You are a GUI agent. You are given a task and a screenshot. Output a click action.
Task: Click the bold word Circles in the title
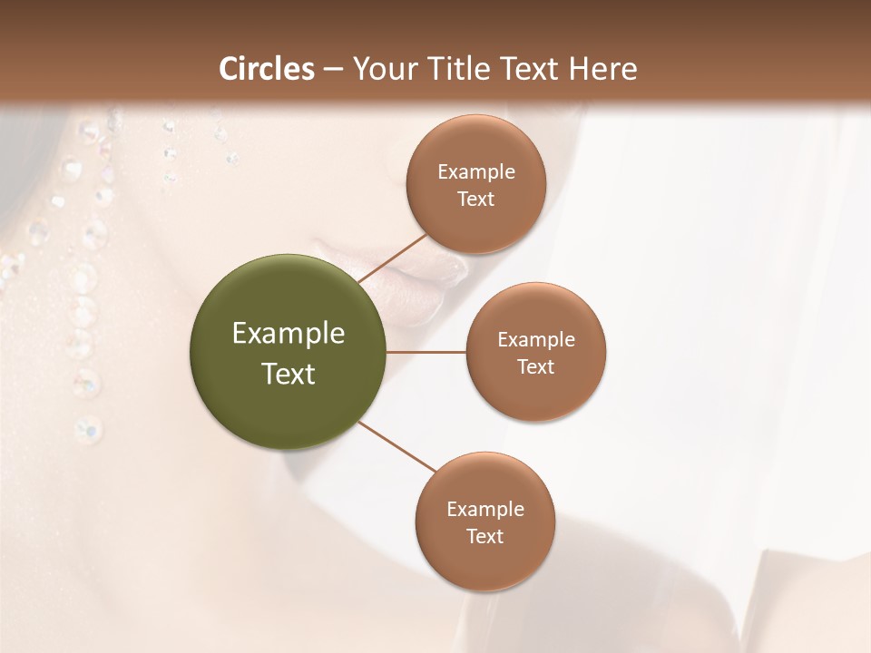coord(266,68)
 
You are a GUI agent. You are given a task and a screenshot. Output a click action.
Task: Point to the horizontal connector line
coord(426,352)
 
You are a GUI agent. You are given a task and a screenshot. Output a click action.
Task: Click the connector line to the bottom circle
coord(397,445)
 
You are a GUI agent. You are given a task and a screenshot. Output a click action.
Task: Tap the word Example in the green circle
coord(289,334)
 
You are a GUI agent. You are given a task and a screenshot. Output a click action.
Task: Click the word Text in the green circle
coord(289,374)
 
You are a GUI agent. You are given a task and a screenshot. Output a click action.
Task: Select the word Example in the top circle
coord(476,172)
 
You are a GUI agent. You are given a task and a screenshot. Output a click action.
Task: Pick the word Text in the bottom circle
coord(484,536)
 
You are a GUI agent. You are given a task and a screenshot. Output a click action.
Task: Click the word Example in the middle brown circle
coord(536,340)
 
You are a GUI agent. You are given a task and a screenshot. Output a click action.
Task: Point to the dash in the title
coord(333,69)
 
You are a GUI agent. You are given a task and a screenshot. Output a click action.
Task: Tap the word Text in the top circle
coord(475,199)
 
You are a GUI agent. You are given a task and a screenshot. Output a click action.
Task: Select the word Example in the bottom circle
coord(484,510)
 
